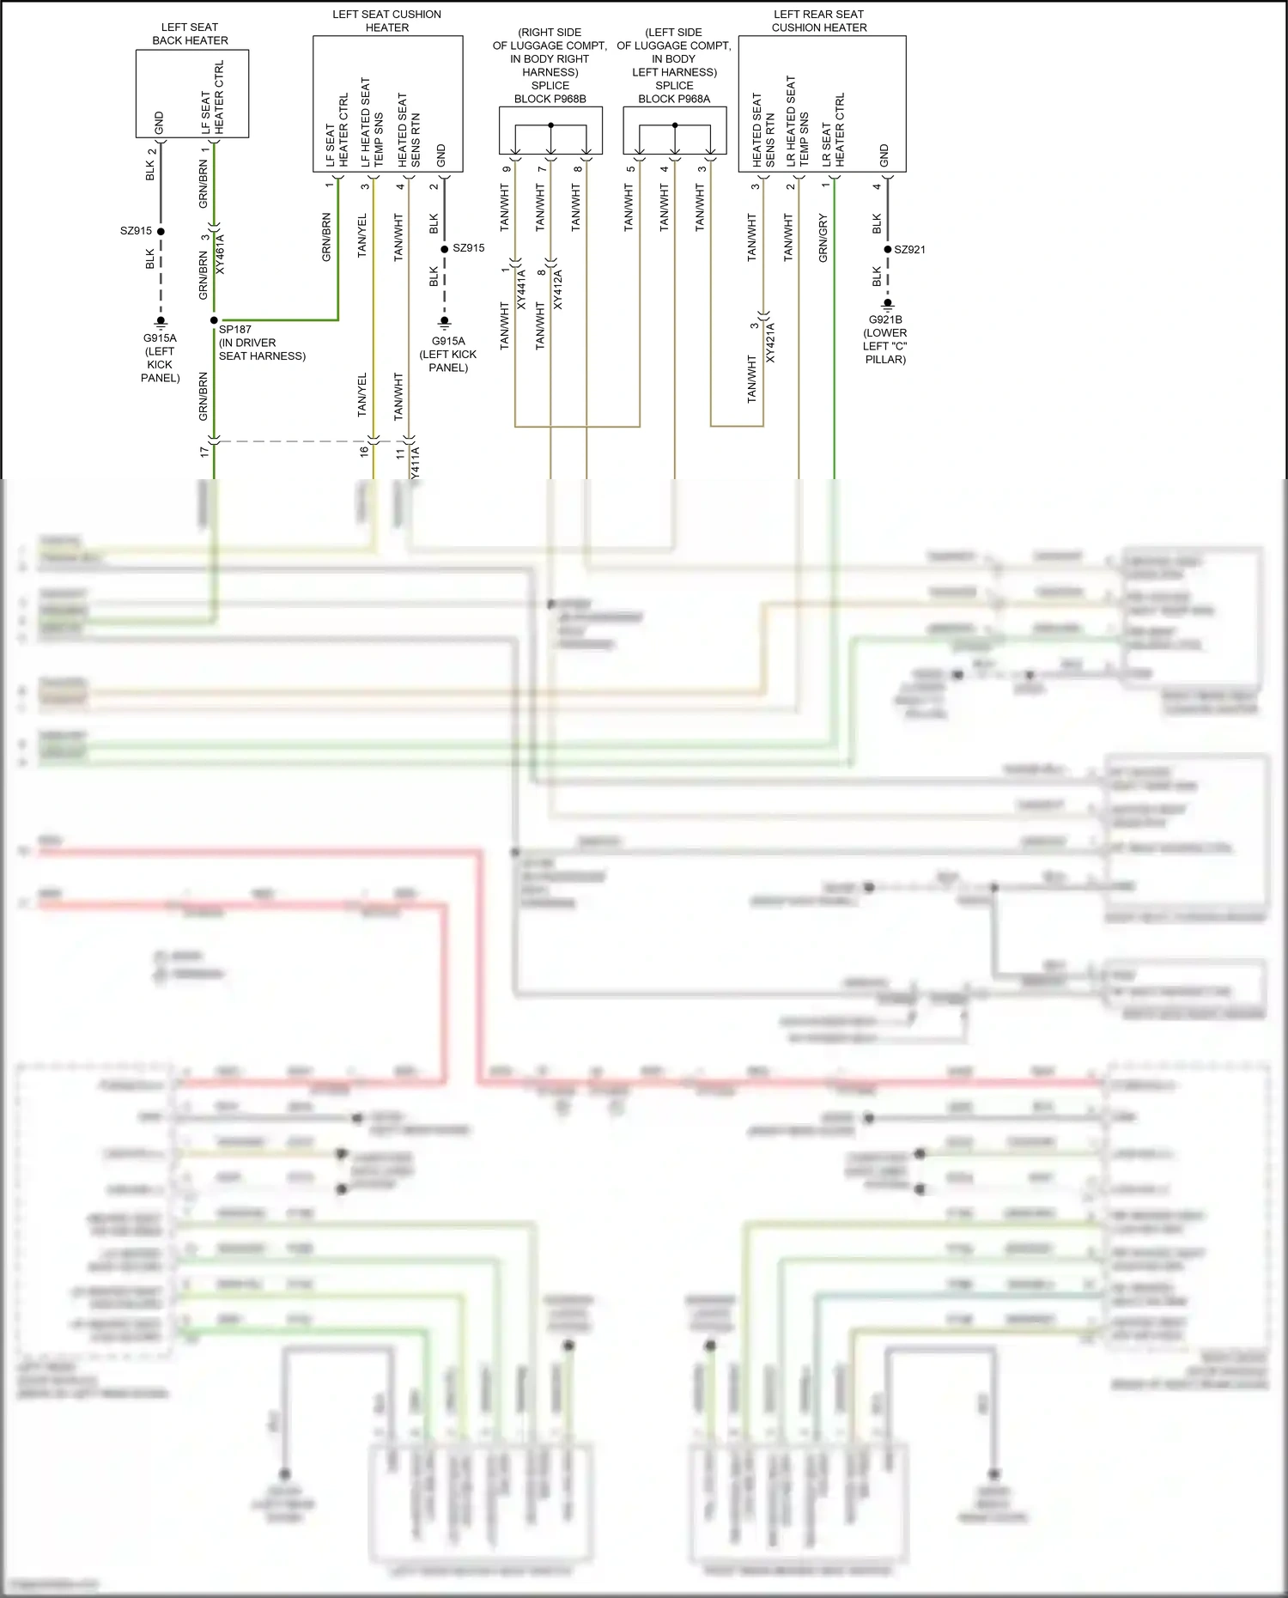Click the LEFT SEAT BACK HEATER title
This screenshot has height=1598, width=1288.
pyautogui.click(x=190, y=33)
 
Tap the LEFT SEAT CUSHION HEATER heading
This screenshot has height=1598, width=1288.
pyautogui.click(x=386, y=21)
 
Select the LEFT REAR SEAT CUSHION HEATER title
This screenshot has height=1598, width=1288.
pyautogui.click(x=818, y=21)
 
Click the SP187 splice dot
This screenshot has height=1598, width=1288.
pyautogui.click(x=214, y=320)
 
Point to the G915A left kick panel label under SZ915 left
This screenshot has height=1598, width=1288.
pyautogui.click(x=160, y=357)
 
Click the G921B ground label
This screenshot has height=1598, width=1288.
pyautogui.click(x=884, y=339)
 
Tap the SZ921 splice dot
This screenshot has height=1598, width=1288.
pyautogui.click(x=888, y=249)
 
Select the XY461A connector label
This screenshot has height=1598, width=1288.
pyautogui.click(x=220, y=253)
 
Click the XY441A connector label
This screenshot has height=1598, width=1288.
pyautogui.click(x=521, y=289)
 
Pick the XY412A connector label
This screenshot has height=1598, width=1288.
pyautogui.click(x=557, y=289)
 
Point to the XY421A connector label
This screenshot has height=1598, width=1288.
pyautogui.click(x=770, y=343)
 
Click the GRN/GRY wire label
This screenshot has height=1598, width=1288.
pyautogui.click(x=823, y=238)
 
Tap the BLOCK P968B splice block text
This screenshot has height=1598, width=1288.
pyautogui.click(x=550, y=99)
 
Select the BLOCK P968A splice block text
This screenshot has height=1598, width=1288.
pyautogui.click(x=674, y=99)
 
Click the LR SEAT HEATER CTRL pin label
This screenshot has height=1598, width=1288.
pyautogui.click(x=833, y=131)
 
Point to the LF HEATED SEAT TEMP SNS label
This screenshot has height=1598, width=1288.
pyautogui.click(x=371, y=123)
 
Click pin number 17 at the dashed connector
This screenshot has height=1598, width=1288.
pyautogui.click(x=204, y=451)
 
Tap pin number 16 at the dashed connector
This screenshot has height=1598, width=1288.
pyautogui.click(x=364, y=451)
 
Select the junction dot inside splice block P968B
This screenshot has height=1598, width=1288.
pyautogui.click(x=550, y=125)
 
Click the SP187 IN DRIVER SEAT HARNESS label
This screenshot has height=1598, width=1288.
pyautogui.click(x=262, y=343)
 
